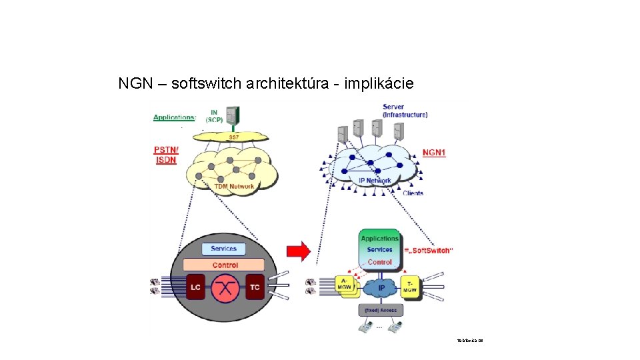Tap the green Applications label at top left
point(174,118)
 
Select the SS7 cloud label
point(233,137)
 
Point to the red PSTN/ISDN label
point(166,155)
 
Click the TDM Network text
point(234,186)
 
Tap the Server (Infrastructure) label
point(405,111)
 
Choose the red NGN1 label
point(434,153)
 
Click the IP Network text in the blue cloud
point(375,181)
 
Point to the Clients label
point(413,193)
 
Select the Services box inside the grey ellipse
point(224,249)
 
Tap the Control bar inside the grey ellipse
point(225,265)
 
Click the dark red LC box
point(196,287)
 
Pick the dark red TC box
point(255,287)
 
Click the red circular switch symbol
point(225,287)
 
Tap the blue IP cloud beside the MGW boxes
point(381,289)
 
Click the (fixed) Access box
point(380,310)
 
